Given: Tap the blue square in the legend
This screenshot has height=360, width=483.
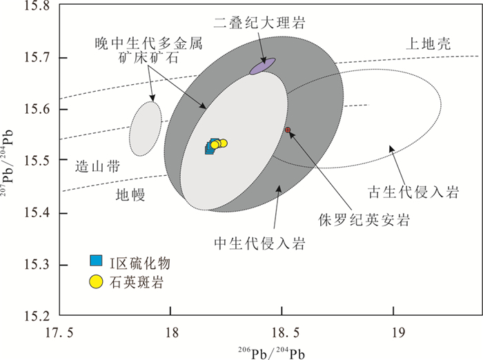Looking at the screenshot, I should pos(96,261).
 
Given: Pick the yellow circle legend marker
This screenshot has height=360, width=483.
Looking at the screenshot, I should pos(96,281).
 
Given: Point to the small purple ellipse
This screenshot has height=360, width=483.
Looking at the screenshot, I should pos(262,66).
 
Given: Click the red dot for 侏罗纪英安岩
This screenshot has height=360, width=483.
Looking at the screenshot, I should pos(288,130).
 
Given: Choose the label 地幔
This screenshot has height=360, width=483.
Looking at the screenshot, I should pos(129,196).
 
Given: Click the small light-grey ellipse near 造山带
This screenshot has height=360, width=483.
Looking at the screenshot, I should pos(145,128).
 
